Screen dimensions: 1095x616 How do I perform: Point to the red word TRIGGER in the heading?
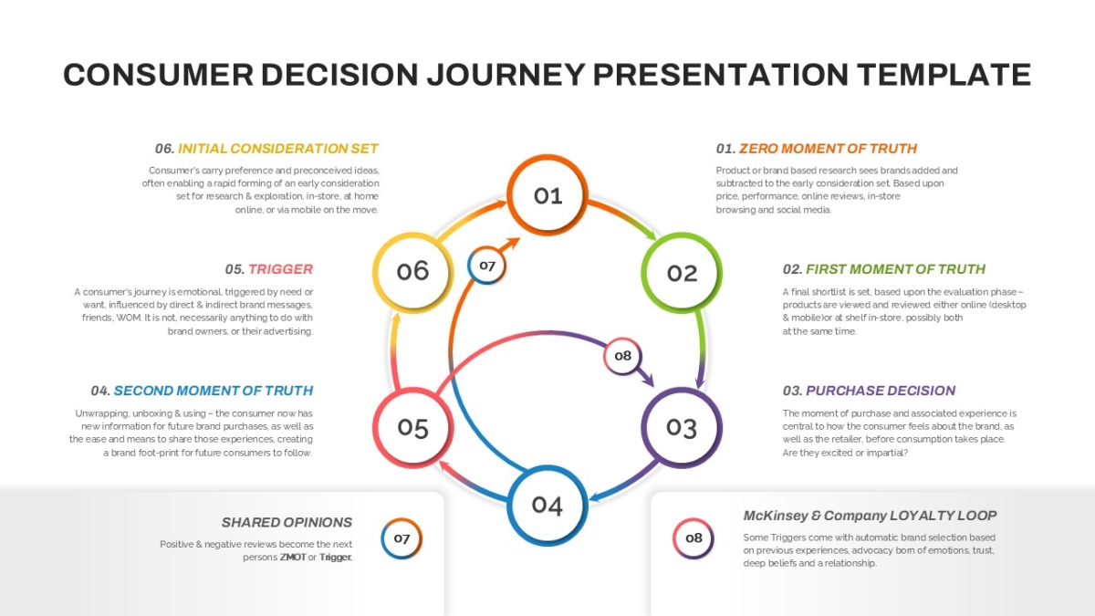(x=281, y=269)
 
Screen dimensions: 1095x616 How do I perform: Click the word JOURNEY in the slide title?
(x=506, y=75)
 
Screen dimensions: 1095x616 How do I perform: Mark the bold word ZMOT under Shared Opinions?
(x=293, y=558)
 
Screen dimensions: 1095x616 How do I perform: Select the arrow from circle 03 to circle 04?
(x=624, y=483)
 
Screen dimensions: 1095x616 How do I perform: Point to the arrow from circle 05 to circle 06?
(x=393, y=351)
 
